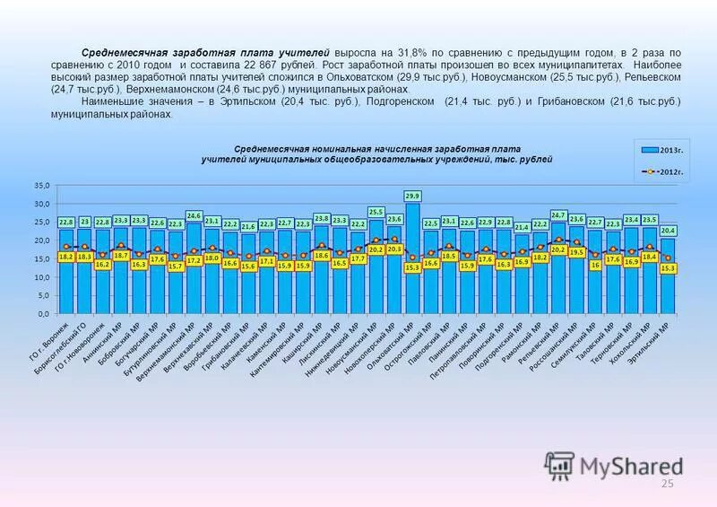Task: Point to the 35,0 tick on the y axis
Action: (42, 186)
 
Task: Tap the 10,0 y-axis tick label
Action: (42, 278)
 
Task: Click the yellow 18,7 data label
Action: (121, 256)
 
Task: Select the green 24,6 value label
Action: (194, 215)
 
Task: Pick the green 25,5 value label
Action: (376, 212)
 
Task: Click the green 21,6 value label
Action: (248, 227)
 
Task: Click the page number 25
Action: (666, 485)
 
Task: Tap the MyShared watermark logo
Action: (614, 466)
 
